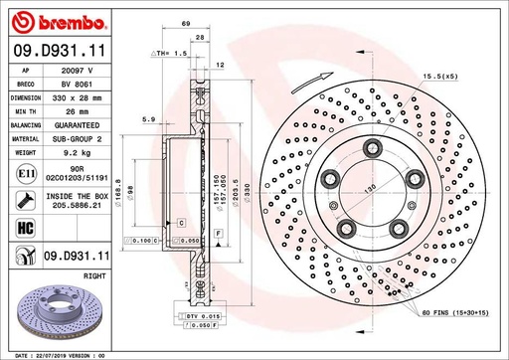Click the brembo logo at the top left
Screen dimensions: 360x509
tap(48, 21)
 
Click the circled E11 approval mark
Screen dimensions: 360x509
tap(23, 176)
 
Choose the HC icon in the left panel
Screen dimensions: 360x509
tap(23, 231)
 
